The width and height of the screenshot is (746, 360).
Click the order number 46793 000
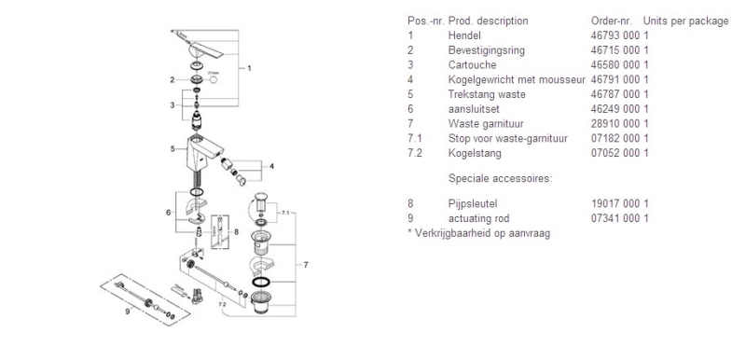pyautogui.click(x=615, y=35)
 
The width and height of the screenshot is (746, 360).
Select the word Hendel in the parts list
pyautogui.click(x=464, y=35)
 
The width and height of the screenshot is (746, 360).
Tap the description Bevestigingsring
pyautogui.click(x=486, y=50)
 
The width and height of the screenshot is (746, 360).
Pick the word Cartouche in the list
pyautogui.click(x=472, y=65)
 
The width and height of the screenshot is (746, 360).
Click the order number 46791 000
pyautogui.click(x=615, y=80)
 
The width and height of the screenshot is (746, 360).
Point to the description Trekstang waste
pyautogui.click(x=487, y=94)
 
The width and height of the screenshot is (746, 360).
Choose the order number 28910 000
pyautogui.click(x=615, y=124)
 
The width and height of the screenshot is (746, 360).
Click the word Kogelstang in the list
pyautogui.click(x=475, y=153)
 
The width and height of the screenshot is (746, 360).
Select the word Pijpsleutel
pyautogui.click(x=473, y=204)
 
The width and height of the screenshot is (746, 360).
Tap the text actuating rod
pyautogui.click(x=478, y=219)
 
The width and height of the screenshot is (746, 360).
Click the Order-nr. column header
pyautogui.click(x=612, y=21)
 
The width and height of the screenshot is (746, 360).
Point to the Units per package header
pyautogui.click(x=685, y=21)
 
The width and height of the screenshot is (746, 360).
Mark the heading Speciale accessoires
pyautogui.click(x=500, y=179)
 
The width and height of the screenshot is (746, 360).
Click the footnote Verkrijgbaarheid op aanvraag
pyautogui.click(x=482, y=233)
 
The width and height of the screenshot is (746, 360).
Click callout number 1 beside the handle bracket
pyautogui.click(x=249, y=68)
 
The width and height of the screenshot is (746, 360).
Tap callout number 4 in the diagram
pyautogui.click(x=271, y=166)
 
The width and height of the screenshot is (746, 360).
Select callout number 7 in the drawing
pyautogui.click(x=306, y=265)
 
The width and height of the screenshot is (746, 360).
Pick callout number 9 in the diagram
pyautogui.click(x=128, y=312)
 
